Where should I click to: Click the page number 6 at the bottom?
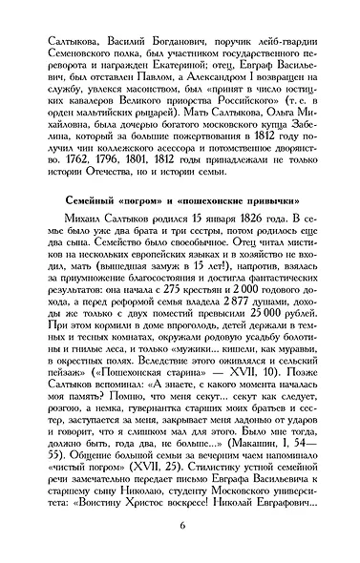pos(180,532)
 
